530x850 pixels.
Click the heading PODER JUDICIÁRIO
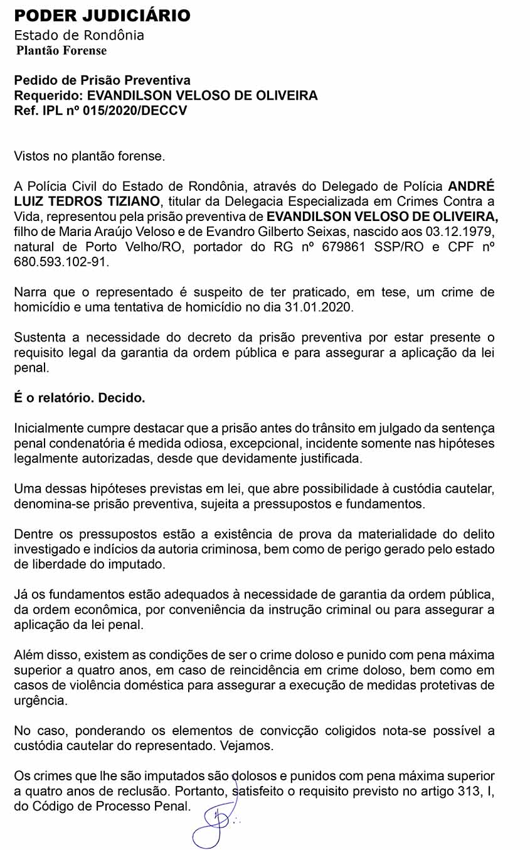(x=102, y=16)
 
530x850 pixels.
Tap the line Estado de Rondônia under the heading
(x=79, y=35)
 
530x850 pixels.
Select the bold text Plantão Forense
(x=61, y=51)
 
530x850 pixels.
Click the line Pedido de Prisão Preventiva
(x=102, y=81)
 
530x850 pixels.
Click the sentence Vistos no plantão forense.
(x=90, y=156)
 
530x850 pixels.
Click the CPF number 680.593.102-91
(x=61, y=261)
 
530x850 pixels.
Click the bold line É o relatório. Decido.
(x=80, y=398)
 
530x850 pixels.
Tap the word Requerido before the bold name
(x=47, y=96)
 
